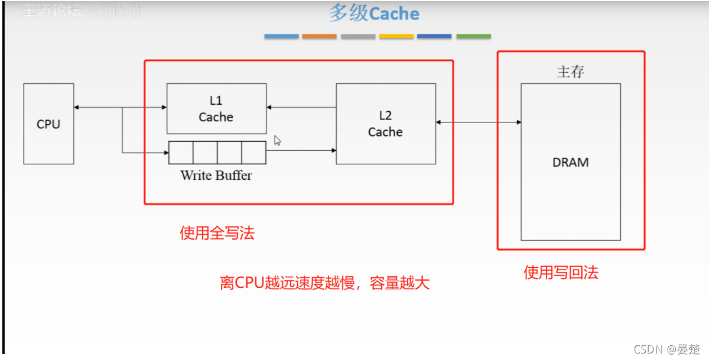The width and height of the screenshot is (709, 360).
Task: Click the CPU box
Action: coord(48,124)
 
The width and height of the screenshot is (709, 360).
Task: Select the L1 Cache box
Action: coord(216,109)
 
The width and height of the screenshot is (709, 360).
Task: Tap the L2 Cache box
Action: coord(386,124)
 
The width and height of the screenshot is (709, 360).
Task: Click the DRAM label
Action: coord(571,162)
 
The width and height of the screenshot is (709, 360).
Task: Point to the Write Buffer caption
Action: coord(216,175)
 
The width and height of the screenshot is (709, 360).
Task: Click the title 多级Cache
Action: coord(375,14)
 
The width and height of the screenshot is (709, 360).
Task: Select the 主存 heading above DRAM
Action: coord(570,72)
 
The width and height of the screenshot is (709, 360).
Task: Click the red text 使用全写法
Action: coord(217,233)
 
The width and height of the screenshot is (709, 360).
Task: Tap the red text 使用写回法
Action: coord(561,273)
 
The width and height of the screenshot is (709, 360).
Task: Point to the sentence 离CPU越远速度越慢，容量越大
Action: coord(324,284)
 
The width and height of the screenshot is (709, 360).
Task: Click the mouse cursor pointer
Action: coord(277,141)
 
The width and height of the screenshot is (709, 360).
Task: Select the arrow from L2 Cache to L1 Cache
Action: coord(301,108)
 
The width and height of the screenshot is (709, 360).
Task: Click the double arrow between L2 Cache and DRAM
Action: coord(479,122)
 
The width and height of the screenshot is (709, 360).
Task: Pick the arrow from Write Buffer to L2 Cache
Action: coord(301,151)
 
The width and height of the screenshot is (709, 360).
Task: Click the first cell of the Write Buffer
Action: coord(181,153)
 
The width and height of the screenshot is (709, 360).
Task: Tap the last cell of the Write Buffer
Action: coord(253,153)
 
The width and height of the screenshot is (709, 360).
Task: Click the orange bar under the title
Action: coord(319,37)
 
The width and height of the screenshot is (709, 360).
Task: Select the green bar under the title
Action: coord(473,37)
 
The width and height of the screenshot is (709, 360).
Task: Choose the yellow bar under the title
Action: coord(396,37)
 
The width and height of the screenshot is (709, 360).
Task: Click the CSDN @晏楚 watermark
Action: coord(666,349)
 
